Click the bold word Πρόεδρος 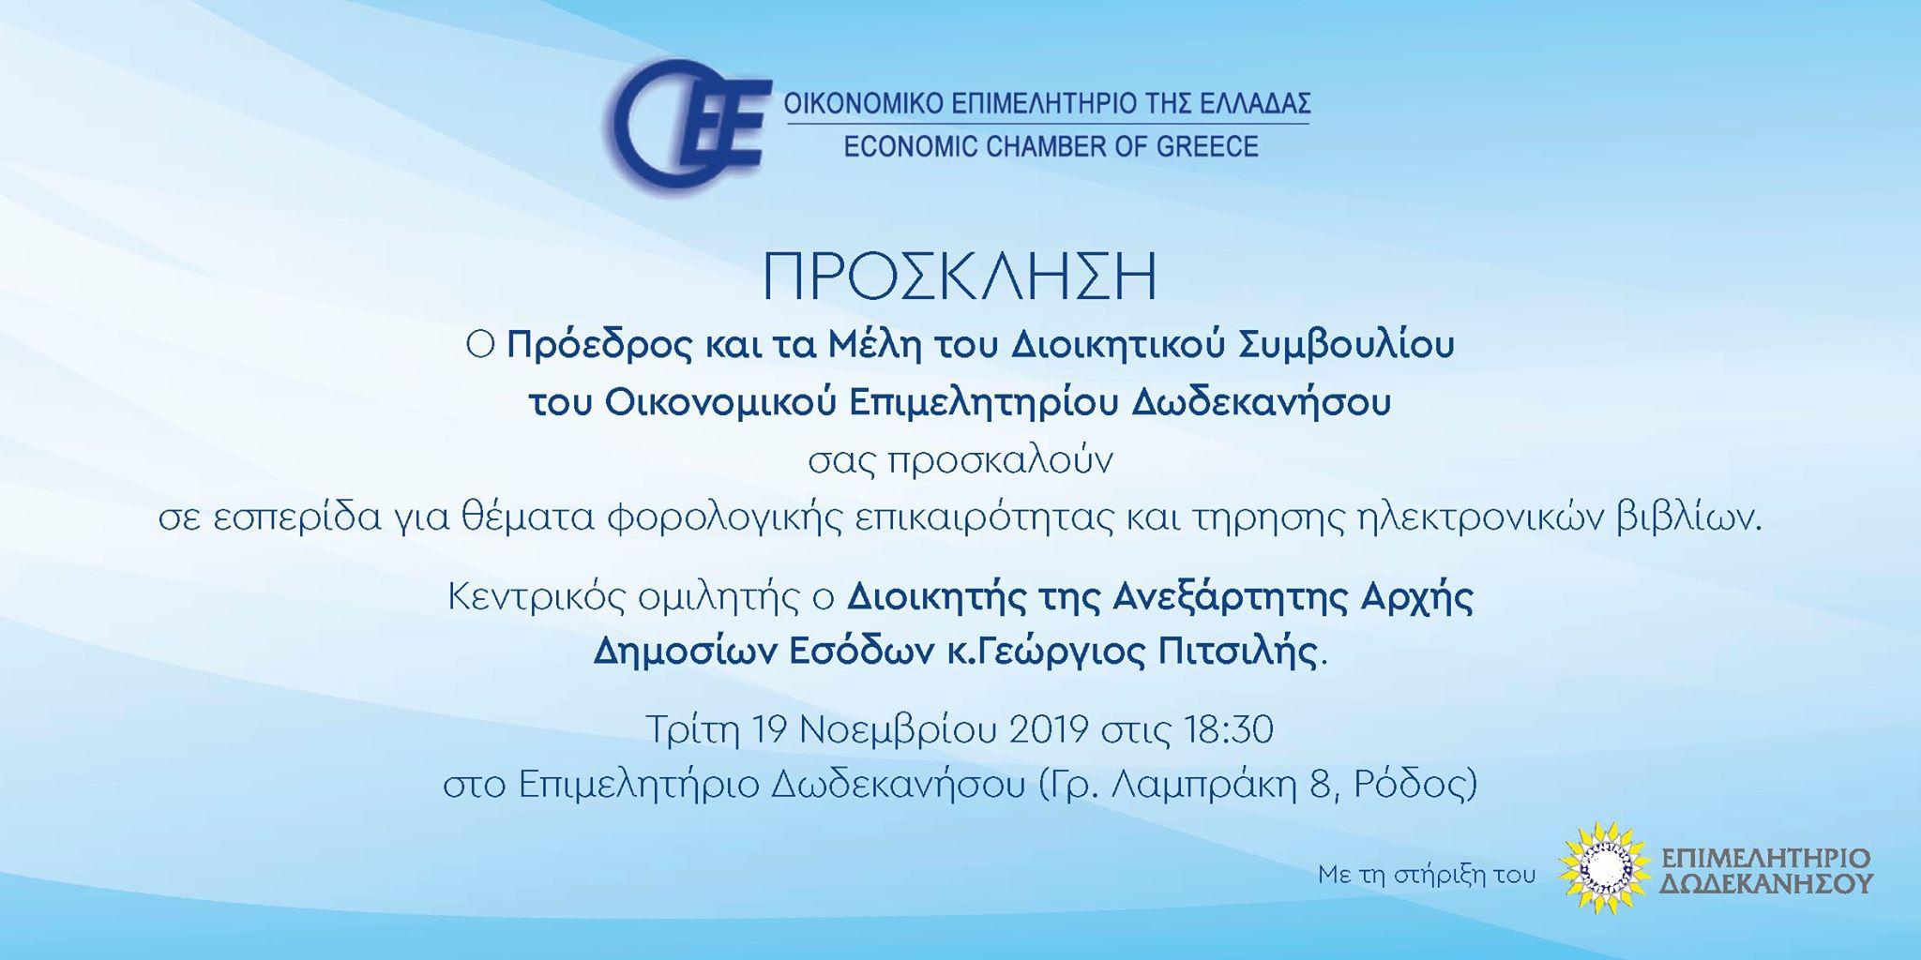599,346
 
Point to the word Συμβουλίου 1347,347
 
